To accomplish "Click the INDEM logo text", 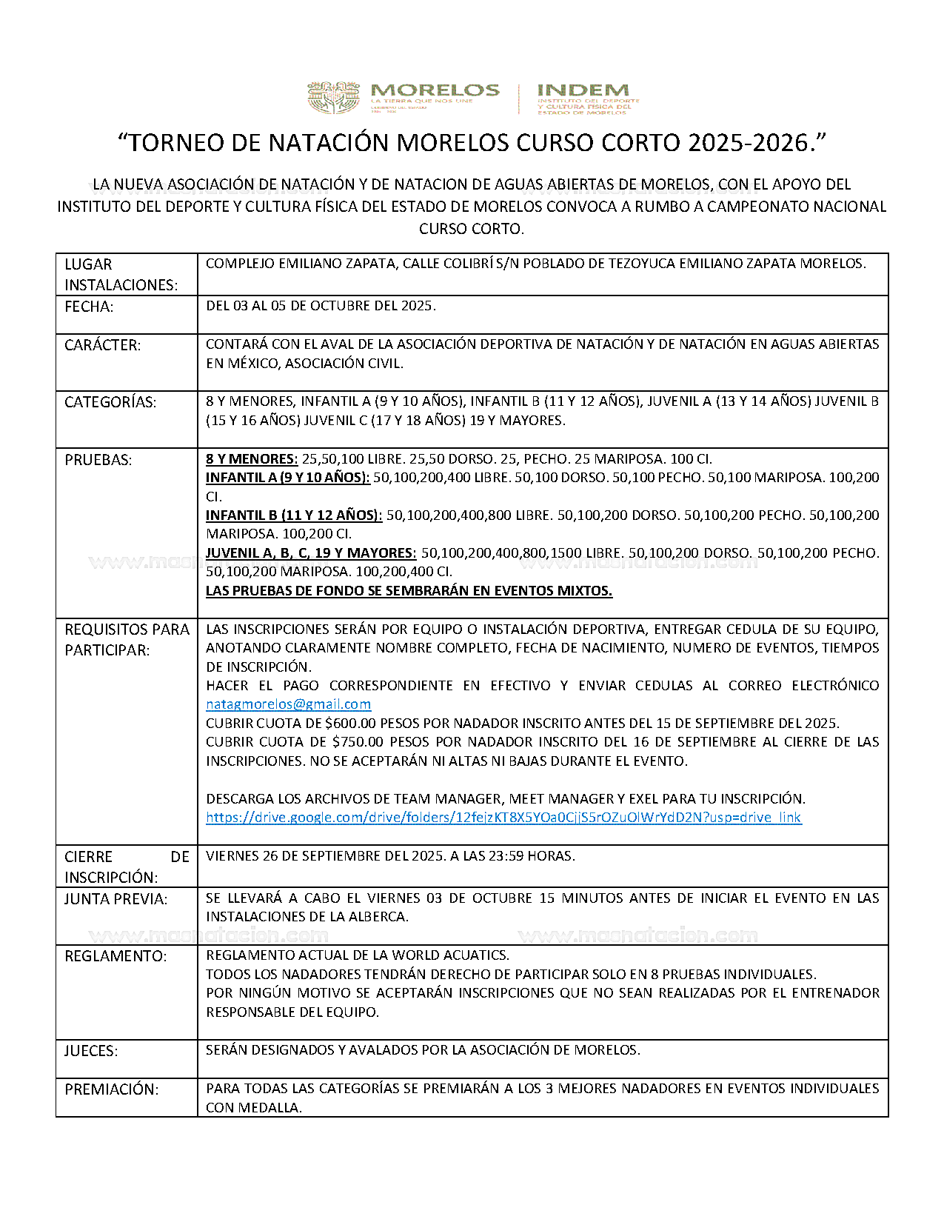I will coord(583,90).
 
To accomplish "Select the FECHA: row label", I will coord(89,307).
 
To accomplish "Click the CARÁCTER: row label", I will coord(102,345).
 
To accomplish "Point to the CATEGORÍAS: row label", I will coord(110,402).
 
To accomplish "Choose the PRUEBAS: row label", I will coord(98,460).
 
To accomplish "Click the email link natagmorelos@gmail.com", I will coord(288,704).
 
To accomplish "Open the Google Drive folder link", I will coord(503,818).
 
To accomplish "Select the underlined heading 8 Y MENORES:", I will coord(251,459).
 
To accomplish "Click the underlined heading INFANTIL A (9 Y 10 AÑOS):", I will coord(287,478).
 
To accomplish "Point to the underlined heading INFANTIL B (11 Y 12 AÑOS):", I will coord(294,515).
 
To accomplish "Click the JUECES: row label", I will coord(91,1051).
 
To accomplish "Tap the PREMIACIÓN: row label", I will coord(111,1089).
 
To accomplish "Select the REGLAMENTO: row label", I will coord(116,956).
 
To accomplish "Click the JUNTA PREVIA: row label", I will coord(116,899).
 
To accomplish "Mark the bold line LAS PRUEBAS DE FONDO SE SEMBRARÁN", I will coord(409,591).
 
